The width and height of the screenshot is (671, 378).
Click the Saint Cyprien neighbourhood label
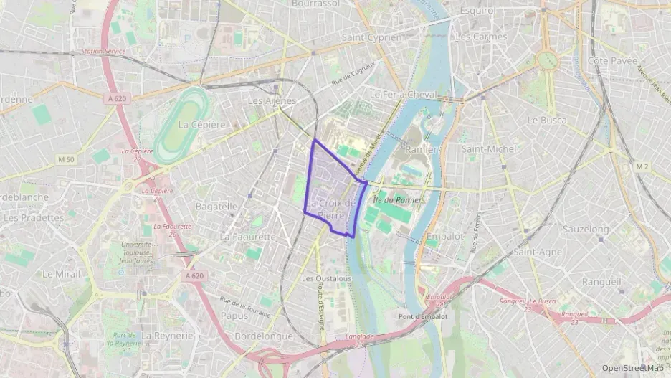tap(372, 37)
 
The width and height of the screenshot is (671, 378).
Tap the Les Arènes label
tap(271, 101)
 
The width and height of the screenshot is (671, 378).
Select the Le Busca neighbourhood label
tap(546, 121)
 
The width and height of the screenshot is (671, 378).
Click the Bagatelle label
tap(216, 206)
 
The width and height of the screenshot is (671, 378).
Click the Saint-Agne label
tap(537, 252)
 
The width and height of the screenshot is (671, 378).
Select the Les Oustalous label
tap(326, 278)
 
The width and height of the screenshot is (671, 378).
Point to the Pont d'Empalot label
tap(423, 316)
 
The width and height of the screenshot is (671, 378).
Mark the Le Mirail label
tap(59, 274)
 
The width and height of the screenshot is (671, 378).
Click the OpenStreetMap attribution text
tap(632, 368)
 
